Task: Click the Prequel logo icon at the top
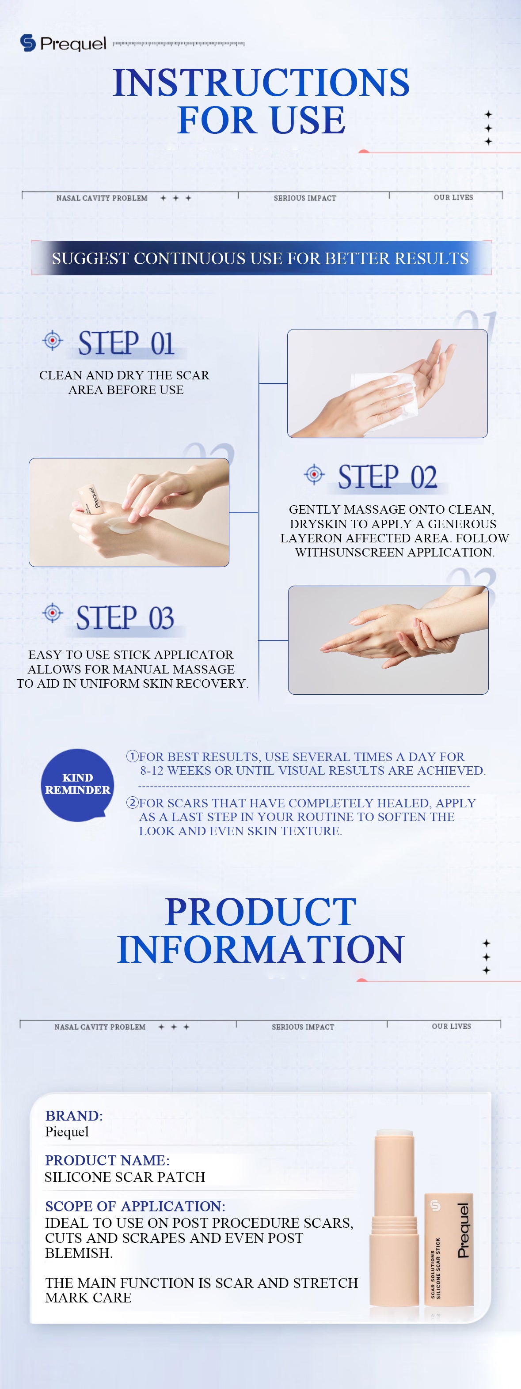28,42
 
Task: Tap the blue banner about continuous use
261,258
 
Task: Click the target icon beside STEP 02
314,474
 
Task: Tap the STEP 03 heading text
125,618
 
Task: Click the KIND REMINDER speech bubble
77,784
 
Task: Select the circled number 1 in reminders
132,757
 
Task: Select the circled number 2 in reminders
132,803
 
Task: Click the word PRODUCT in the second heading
261,912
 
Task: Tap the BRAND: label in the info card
74,1116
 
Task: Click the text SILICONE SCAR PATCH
125,1177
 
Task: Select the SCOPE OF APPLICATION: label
135,1206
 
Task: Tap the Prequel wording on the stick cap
463,1230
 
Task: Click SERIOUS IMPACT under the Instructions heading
305,198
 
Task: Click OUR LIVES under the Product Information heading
452,1026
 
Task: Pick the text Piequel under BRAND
67,1132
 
